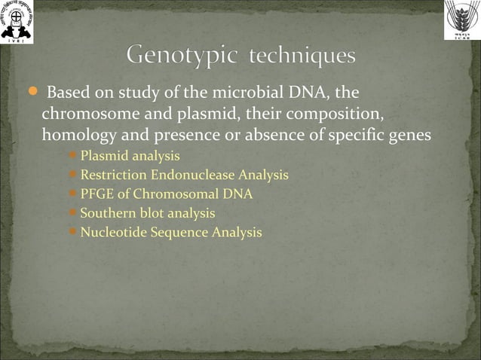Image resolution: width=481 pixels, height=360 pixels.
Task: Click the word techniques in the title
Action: pos(303,56)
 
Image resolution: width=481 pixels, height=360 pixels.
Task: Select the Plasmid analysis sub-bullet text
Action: pos(130,157)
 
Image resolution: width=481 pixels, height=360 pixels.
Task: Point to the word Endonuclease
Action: pos(193,175)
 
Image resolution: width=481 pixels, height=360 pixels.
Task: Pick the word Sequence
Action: pos(176,232)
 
